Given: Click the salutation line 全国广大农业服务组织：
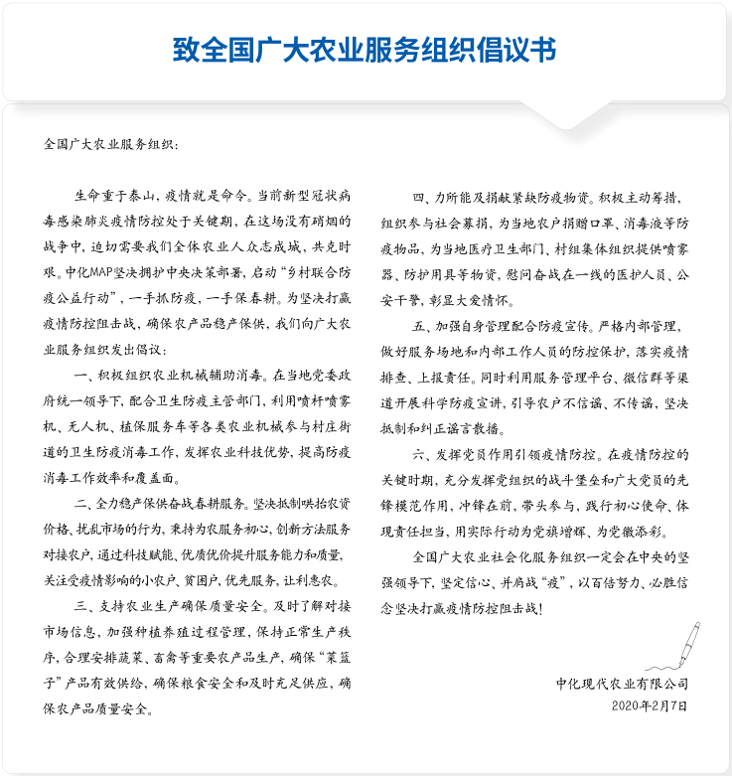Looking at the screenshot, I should pos(111,143).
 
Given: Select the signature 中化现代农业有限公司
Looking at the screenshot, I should pos(622,684).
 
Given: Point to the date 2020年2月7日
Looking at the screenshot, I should pos(649,705).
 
